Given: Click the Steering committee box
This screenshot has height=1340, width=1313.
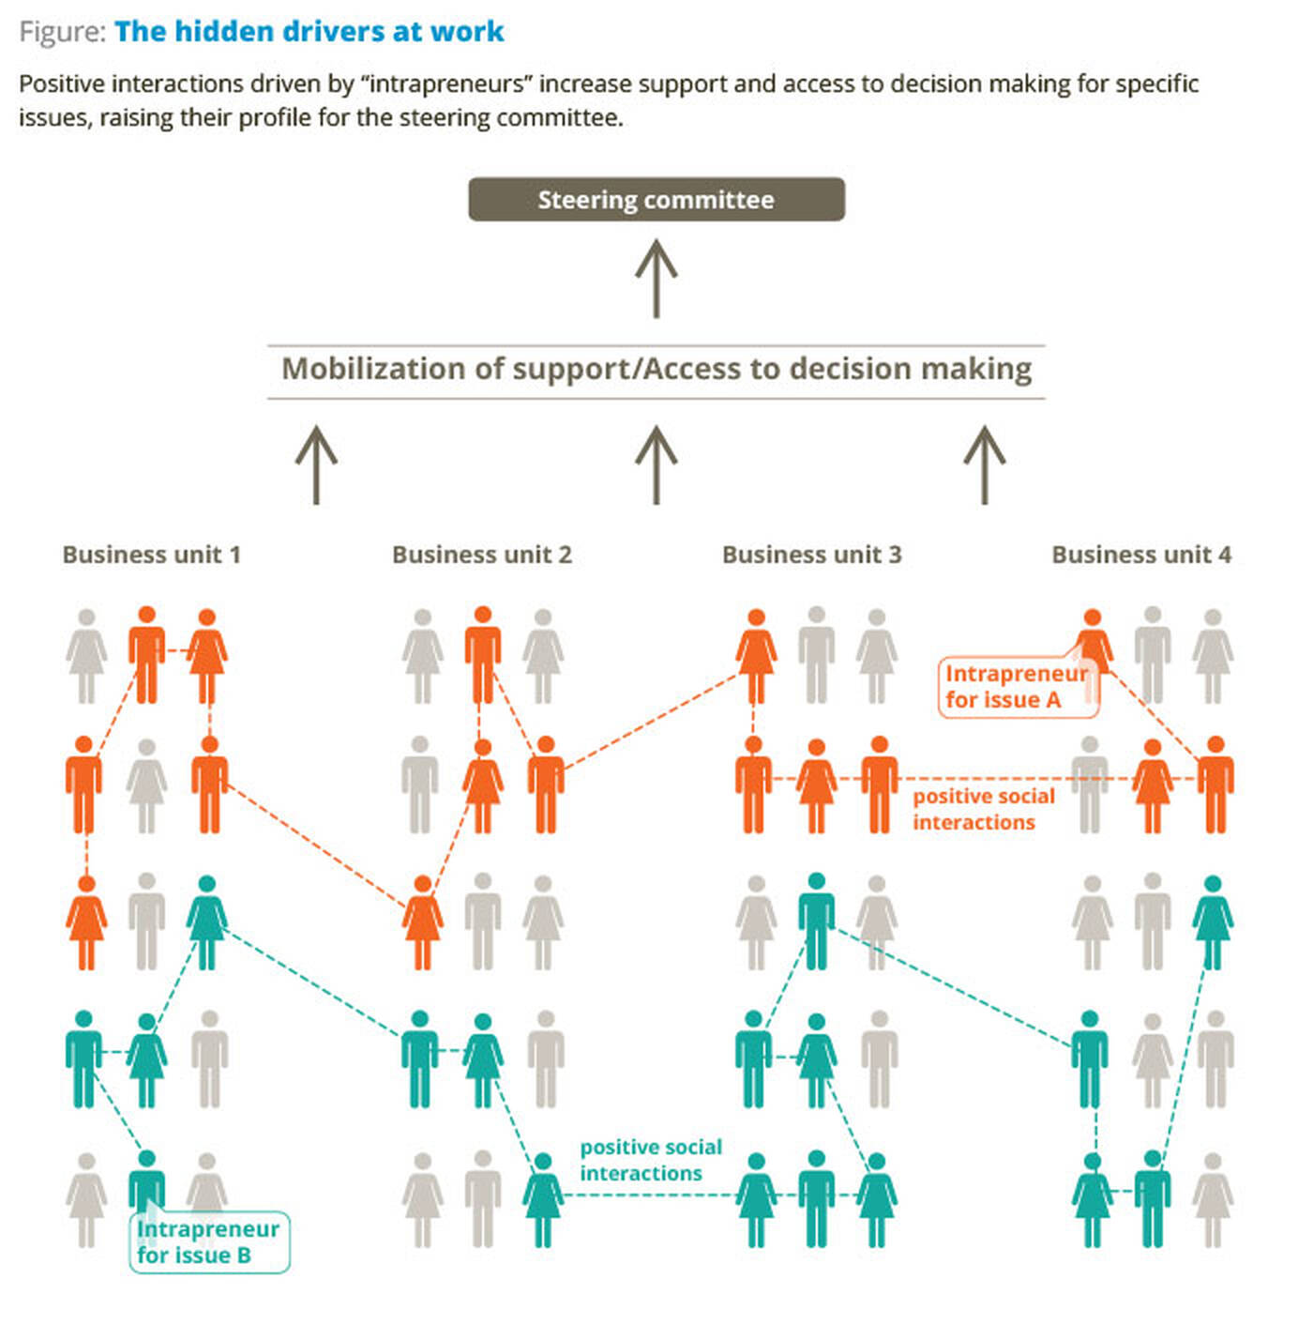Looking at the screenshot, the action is (656, 199).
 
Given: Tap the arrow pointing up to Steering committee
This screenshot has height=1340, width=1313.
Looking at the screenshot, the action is (656, 278).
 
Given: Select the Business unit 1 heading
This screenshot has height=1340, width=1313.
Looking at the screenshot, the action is (152, 555).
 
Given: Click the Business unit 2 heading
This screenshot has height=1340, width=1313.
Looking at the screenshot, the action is (482, 555).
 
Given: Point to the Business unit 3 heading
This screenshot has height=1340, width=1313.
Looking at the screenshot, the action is (812, 555).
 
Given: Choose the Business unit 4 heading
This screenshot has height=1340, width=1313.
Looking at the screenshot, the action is (1141, 555).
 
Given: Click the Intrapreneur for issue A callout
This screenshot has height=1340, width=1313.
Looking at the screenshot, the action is (1019, 686).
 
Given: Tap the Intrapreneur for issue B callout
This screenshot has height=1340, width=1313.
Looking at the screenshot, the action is (209, 1242).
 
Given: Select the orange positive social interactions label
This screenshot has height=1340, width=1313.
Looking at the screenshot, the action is (983, 809).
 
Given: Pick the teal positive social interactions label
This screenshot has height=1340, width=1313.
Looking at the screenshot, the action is (651, 1159).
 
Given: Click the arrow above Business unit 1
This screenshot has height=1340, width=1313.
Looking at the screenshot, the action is (316, 464).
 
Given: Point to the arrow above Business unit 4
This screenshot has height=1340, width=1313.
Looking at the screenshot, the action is (984, 464).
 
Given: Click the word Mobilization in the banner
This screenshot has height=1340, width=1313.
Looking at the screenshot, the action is (373, 369).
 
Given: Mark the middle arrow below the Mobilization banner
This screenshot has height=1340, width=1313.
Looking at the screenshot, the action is (656, 464).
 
